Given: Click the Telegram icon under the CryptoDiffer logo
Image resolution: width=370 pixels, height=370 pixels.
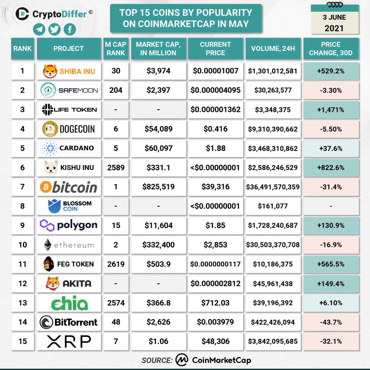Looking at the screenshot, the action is click(x=39, y=29).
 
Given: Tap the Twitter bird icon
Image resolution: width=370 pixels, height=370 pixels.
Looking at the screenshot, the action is click(x=55, y=29).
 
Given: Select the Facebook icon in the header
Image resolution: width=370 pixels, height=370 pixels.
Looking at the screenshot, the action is click(x=70, y=29).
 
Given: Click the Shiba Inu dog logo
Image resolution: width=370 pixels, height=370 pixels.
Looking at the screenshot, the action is click(x=50, y=71).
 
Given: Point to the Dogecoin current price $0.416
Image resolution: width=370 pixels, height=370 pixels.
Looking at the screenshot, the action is click(x=215, y=129).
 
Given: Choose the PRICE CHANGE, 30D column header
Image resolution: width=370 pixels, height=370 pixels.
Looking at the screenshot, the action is click(x=331, y=49).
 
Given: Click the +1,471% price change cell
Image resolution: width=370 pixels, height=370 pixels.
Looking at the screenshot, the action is click(x=331, y=110).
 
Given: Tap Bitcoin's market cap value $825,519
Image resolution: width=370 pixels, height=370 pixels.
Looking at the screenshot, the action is click(x=158, y=187).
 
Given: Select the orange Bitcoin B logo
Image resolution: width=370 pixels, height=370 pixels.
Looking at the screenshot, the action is click(x=45, y=187).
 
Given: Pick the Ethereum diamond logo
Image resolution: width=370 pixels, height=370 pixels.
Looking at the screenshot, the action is click(x=48, y=245).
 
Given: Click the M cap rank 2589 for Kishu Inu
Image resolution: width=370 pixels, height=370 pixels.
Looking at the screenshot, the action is click(x=116, y=167).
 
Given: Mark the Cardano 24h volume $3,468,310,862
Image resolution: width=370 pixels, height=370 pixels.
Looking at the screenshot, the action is click(x=273, y=148).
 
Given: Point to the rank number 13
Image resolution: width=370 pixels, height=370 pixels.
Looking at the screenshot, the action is click(x=23, y=303).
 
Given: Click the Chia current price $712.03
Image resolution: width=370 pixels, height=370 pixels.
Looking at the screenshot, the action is click(x=215, y=303).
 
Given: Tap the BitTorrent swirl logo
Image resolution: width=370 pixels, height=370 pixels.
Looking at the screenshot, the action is click(x=46, y=322).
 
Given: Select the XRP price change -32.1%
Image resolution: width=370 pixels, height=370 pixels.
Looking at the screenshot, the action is click(x=331, y=341).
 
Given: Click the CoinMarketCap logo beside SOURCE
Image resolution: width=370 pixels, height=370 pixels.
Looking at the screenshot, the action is click(x=182, y=360).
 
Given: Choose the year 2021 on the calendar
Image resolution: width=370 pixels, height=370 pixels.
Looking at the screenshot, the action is click(x=334, y=28).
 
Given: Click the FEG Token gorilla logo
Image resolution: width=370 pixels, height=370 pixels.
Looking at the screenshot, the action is click(x=49, y=264).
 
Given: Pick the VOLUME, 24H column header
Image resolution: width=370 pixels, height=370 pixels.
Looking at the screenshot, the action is click(x=273, y=49).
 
